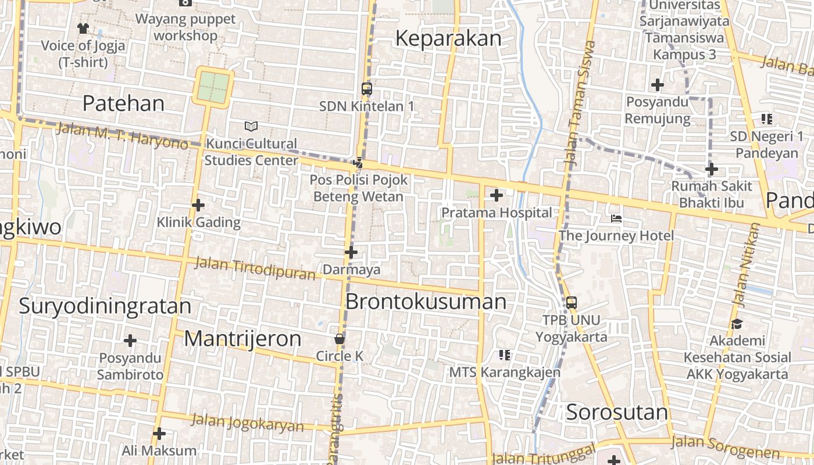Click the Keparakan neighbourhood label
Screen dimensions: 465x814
point(448,38)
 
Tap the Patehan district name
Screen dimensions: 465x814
point(123,103)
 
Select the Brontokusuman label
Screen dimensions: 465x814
point(426,302)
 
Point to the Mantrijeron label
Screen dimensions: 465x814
point(242,339)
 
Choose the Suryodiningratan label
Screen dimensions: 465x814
point(105,306)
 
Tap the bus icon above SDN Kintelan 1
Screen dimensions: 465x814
point(366,89)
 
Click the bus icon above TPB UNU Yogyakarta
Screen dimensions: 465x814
point(571,302)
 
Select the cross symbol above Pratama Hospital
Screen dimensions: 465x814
point(496,195)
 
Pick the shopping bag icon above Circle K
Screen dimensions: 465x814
point(340,338)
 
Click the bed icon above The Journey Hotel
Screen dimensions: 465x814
point(616,219)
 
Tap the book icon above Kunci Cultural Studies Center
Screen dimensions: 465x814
point(251,126)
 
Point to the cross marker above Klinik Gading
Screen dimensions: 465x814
point(198,205)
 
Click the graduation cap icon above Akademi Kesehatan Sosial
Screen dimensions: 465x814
point(737,324)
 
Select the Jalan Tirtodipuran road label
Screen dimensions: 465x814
point(254,267)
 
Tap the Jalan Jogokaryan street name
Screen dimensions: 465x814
point(247,423)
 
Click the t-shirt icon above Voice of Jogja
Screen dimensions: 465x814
point(83,28)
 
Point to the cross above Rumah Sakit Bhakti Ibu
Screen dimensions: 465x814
point(711,170)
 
